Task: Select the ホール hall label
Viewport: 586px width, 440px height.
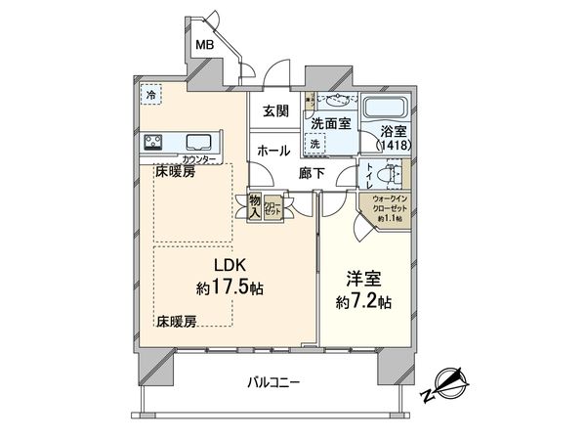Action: point(272,151)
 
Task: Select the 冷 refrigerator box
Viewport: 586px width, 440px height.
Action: point(150,95)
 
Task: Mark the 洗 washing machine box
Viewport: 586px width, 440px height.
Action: point(315,143)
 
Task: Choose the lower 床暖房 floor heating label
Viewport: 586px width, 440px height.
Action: point(176,320)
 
